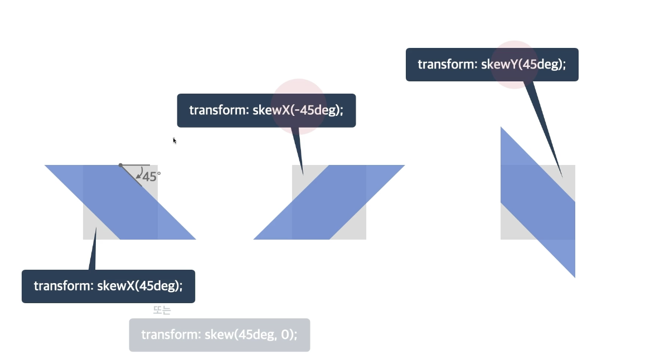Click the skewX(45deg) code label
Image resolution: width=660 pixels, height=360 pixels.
pyautogui.click(x=108, y=286)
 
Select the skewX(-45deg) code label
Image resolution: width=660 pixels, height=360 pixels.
pyautogui.click(x=266, y=110)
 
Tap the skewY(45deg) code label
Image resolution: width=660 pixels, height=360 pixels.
pyautogui.click(x=492, y=64)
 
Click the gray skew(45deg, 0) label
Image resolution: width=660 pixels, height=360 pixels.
pyautogui.click(x=219, y=335)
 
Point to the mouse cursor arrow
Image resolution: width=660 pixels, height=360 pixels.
pyautogui.click(x=174, y=140)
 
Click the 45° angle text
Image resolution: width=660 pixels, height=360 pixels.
pyautogui.click(x=151, y=177)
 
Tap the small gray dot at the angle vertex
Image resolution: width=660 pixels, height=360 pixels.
pyautogui.click(x=120, y=165)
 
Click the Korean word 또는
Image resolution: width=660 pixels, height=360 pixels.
pyautogui.click(x=162, y=310)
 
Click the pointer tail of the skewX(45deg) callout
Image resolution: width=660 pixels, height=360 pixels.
pyautogui.click(x=93, y=251)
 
